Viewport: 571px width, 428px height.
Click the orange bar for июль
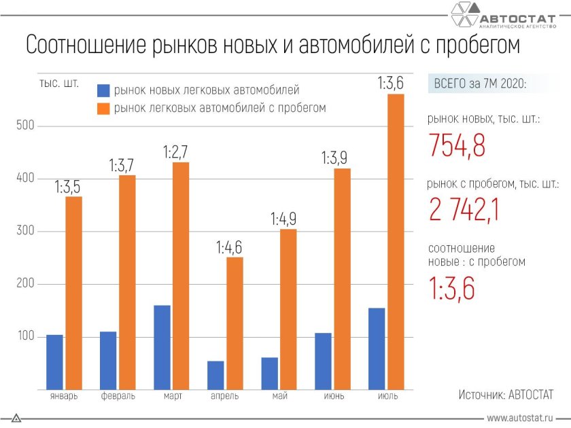(396, 242)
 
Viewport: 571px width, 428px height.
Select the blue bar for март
(162, 347)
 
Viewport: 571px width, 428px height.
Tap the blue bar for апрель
(215, 375)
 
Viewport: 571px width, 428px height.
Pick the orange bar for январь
(73, 293)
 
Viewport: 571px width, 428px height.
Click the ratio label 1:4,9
(283, 219)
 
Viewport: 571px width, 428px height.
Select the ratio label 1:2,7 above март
(175, 152)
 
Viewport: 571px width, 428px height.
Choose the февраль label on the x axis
(117, 396)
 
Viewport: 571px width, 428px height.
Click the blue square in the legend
(103, 90)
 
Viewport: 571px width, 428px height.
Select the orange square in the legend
(103, 108)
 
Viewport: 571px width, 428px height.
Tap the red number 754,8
(457, 145)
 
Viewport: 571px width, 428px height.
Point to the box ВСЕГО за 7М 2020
(480, 84)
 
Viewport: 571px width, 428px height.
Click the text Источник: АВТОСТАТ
(506, 394)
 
